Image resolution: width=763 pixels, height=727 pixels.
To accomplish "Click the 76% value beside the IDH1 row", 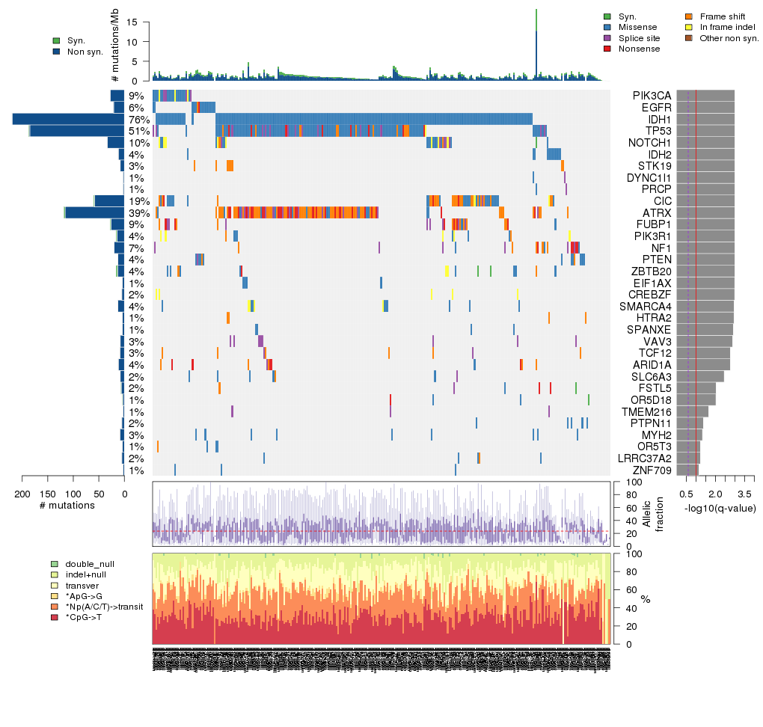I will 136,119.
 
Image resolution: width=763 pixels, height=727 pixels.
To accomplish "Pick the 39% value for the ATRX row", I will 136,212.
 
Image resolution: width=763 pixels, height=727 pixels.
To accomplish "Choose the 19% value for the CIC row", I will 136,201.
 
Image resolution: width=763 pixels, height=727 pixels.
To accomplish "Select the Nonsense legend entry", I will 639,49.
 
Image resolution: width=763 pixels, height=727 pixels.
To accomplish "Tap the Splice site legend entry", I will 639,38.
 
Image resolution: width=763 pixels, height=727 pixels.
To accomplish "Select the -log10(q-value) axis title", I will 720,509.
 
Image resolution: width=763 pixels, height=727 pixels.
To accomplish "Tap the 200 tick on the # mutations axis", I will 22,494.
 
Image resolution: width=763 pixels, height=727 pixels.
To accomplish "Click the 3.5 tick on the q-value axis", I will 744,494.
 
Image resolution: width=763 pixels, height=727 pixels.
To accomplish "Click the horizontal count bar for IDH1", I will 68,119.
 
